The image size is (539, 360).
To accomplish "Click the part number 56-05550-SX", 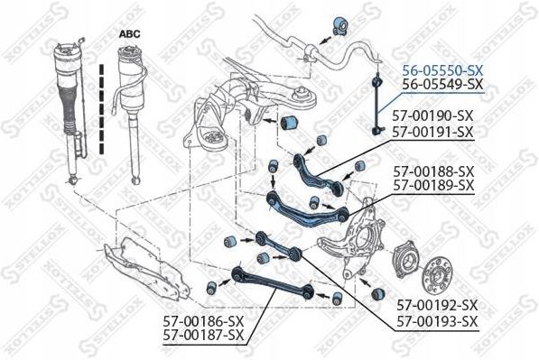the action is [x=443, y=70].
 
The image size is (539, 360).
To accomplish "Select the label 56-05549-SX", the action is [x=443, y=84].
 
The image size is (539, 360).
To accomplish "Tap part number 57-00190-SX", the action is [x=433, y=115].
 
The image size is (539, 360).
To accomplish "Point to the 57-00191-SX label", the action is [x=433, y=132].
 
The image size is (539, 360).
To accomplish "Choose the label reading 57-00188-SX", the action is [x=433, y=171].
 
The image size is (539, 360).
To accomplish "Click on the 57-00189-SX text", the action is [x=433, y=185].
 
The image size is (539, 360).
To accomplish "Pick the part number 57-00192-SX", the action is [x=438, y=305].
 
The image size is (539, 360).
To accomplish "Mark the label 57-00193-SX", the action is [x=438, y=322].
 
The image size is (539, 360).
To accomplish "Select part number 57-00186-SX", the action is [x=203, y=321].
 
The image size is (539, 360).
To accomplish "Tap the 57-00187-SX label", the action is [x=203, y=335].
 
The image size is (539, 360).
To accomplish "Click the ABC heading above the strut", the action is [x=130, y=34].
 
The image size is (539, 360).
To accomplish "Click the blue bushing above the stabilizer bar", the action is [x=340, y=25].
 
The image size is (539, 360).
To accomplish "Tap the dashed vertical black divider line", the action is [x=101, y=108].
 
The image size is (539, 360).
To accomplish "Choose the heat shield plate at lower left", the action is [x=147, y=268].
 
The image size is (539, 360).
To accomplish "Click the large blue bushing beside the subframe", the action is [x=290, y=124].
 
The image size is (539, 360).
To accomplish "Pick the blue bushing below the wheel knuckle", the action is [x=378, y=294].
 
